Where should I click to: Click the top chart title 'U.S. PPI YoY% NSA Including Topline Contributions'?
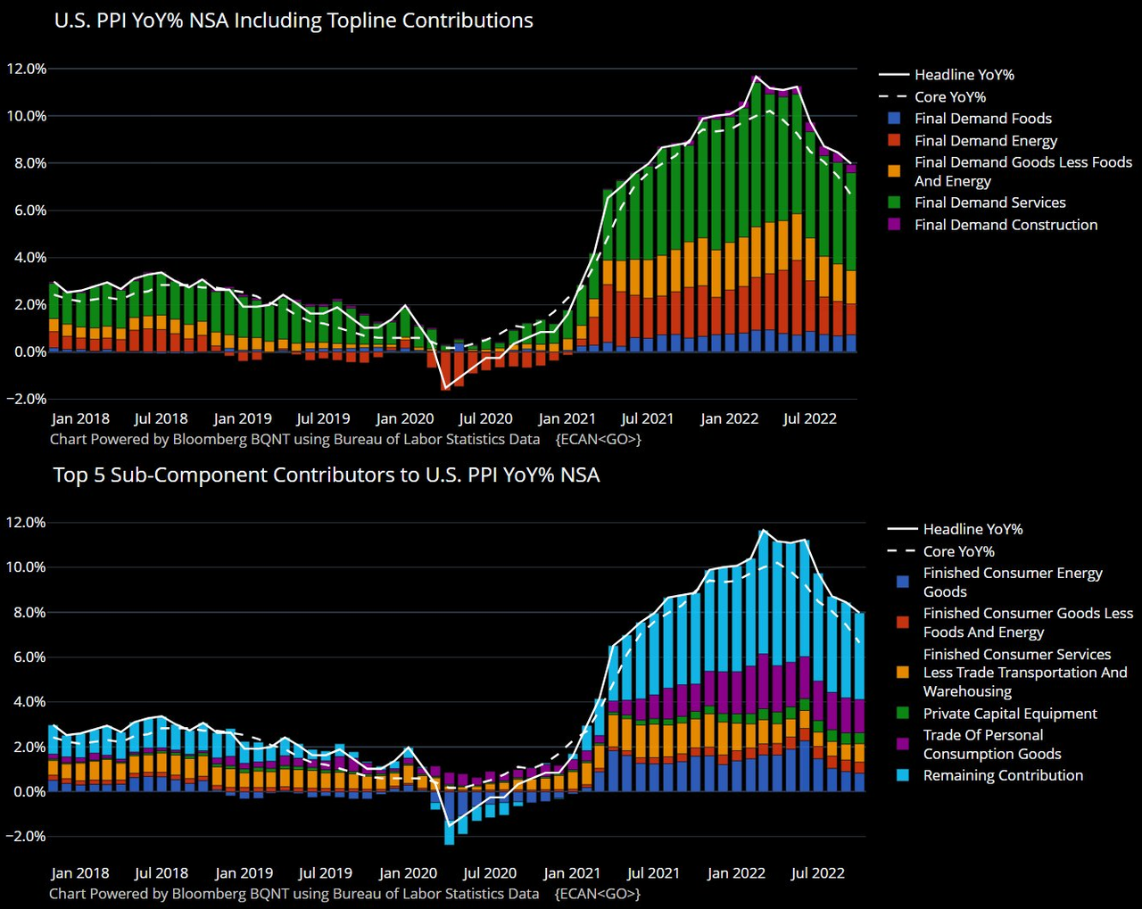pyautogui.click(x=294, y=21)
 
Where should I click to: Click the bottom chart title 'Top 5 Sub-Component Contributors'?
pyautogui.click(x=326, y=475)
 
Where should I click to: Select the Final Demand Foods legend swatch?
pyautogui.click(x=895, y=119)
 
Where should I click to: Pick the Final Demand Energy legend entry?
pyautogui.click(x=985, y=141)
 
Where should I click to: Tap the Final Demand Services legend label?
pyautogui.click(x=989, y=202)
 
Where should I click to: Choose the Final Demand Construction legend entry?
pyautogui.click(x=1005, y=225)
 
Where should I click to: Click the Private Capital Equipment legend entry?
pyautogui.click(x=1010, y=714)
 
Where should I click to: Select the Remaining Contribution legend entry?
pyautogui.click(x=1003, y=775)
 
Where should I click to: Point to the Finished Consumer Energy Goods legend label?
pyautogui.click(x=1013, y=583)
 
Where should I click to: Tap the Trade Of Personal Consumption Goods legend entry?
pyautogui.click(x=991, y=744)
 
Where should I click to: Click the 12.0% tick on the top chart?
pyautogui.click(x=27, y=69)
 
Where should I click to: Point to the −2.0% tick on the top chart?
pyautogui.click(x=26, y=399)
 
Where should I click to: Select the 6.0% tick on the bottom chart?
pyautogui.click(x=27, y=657)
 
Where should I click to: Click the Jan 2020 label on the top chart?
pyautogui.click(x=405, y=418)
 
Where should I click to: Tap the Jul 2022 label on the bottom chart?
pyautogui.click(x=817, y=873)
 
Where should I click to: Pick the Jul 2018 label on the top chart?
pyautogui.click(x=161, y=418)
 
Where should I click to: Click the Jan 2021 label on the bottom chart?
pyautogui.click(x=572, y=873)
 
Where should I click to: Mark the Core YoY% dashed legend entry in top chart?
pyautogui.click(x=950, y=97)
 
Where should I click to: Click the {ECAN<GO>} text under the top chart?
pyautogui.click(x=598, y=439)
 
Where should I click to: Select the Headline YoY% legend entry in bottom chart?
pyautogui.click(x=972, y=529)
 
